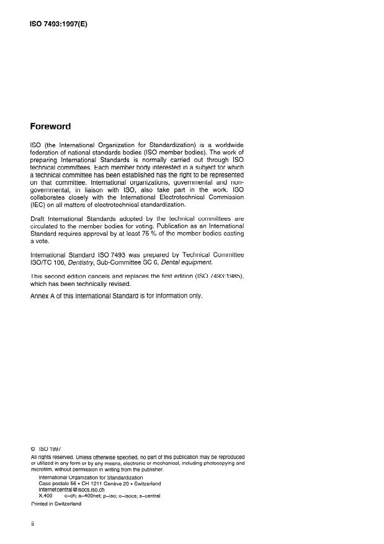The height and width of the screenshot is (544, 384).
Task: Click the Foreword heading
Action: (51, 127)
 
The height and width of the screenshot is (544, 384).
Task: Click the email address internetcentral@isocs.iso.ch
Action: (78, 489)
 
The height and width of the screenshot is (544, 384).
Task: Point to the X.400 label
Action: (45, 496)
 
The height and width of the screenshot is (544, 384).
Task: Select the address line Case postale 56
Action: (61, 483)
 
